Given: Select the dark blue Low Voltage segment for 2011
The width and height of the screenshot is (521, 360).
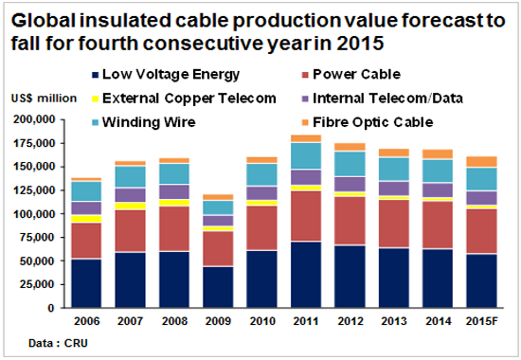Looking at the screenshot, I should (305, 275).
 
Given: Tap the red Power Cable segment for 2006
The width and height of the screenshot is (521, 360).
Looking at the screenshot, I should (85, 241).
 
